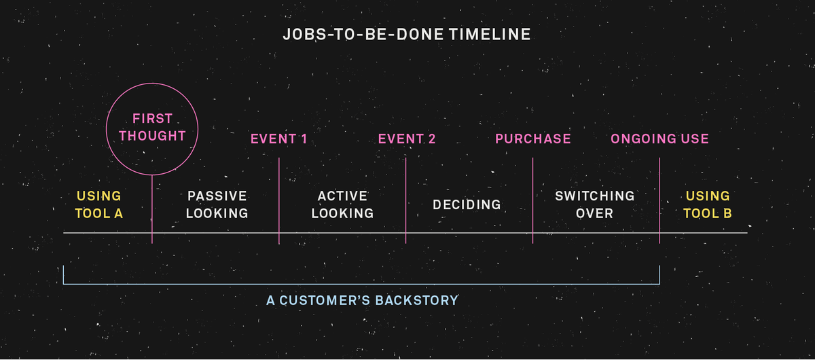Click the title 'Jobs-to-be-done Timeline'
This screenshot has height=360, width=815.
pos(406,34)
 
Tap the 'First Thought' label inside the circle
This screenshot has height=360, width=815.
pos(152,127)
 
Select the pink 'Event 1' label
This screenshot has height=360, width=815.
pos(278,139)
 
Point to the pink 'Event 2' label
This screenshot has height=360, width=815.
pos(406,139)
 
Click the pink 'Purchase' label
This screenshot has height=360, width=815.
pos(532,139)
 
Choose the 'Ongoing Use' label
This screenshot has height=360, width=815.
pos(659,139)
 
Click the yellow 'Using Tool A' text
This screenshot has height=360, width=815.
pos(98,204)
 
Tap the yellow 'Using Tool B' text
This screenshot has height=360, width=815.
pos(708,204)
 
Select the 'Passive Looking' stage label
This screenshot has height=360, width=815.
pos(217,204)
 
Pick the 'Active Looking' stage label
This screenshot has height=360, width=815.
pos(343,204)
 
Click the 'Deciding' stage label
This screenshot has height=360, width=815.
pos(467,204)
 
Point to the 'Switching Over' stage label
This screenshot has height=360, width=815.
pos(594,204)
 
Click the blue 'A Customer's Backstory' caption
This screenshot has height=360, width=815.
pos(362,300)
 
